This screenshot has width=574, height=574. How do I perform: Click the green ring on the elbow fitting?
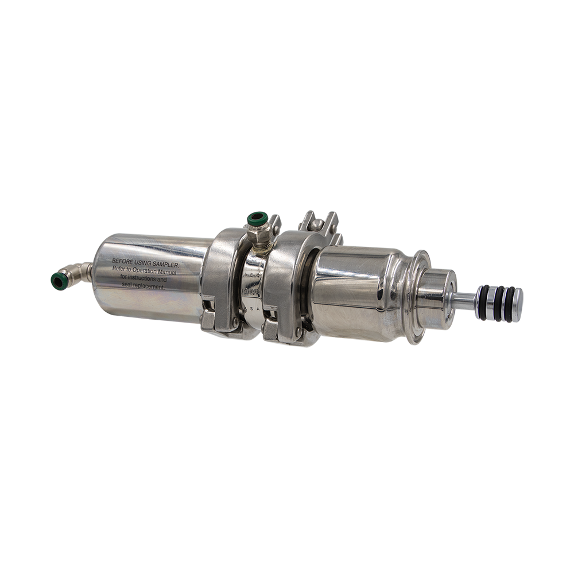pyautogui.click(x=58, y=281)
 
